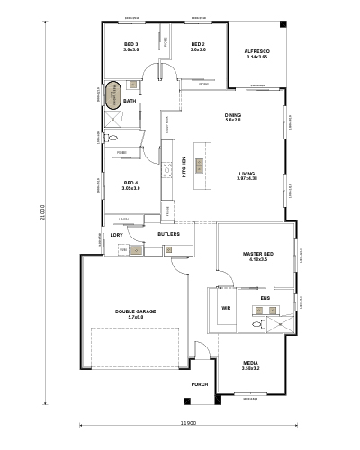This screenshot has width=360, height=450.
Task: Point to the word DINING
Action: pyautogui.click(x=233, y=115)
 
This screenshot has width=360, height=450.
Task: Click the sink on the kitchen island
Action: pyautogui.click(x=200, y=165)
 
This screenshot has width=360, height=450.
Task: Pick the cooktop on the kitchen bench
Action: pyautogui.click(x=167, y=168)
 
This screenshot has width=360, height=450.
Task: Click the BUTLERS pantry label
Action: pyautogui.click(x=168, y=234)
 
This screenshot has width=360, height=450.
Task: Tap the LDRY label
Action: pyautogui.click(x=116, y=235)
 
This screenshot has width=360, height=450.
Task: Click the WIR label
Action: pyautogui.click(x=226, y=308)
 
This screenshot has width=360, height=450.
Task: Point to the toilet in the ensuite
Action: pyautogui.click(x=257, y=323)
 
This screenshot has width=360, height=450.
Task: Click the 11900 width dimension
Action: pyautogui.click(x=187, y=422)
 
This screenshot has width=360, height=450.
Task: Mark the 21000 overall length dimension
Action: pyautogui.click(x=42, y=213)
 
